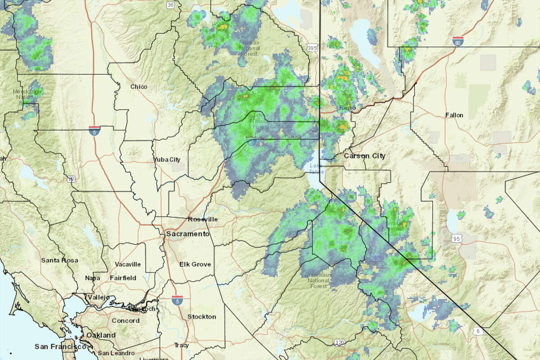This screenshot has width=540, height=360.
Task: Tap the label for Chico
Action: click(x=138, y=86)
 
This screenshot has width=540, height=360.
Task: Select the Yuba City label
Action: click(x=167, y=159)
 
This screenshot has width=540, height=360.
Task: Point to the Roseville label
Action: click(x=202, y=219)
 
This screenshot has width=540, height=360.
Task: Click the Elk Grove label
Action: click(x=195, y=264)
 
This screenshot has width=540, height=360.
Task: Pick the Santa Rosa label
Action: click(x=59, y=260)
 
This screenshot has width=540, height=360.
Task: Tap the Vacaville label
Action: click(x=128, y=264)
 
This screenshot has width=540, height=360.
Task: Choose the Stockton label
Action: click(x=202, y=316)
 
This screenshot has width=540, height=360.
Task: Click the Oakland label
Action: click(x=101, y=335)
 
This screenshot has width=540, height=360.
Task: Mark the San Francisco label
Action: click(x=60, y=346)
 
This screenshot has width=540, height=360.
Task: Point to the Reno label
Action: click(x=345, y=108)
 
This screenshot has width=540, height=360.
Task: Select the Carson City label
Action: click(x=364, y=156)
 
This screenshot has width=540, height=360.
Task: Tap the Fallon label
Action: click(x=454, y=115)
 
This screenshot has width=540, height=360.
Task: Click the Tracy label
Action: click(x=181, y=346)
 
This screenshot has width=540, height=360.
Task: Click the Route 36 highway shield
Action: click(x=170, y=5)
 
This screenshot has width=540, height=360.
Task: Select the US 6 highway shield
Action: click(x=479, y=331)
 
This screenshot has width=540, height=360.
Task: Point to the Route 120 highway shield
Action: click(x=340, y=343)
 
